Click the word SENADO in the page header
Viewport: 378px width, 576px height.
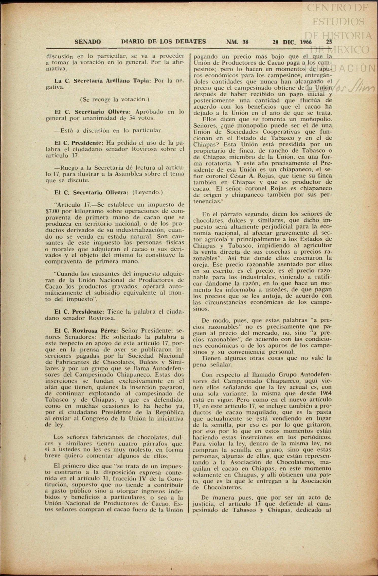point(88,42)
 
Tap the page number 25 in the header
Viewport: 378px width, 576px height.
point(329,42)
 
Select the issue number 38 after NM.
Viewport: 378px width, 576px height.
point(245,42)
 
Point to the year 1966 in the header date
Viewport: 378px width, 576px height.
point(306,42)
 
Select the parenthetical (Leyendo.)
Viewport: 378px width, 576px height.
point(147,192)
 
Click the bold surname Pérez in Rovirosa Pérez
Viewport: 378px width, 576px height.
point(109,331)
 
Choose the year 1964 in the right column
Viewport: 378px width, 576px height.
point(325,393)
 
